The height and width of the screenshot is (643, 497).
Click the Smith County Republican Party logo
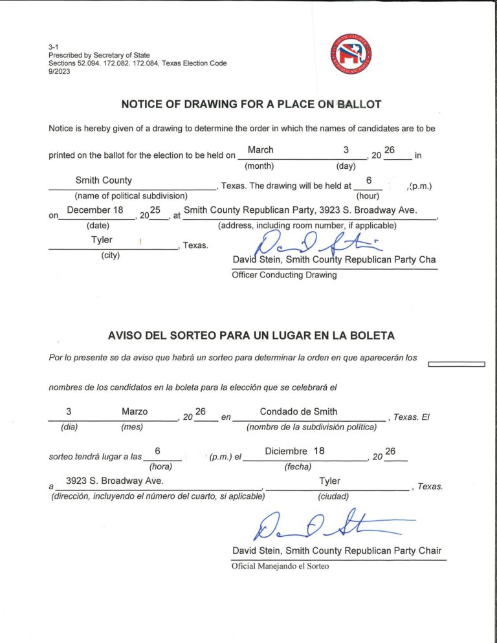(x=351, y=54)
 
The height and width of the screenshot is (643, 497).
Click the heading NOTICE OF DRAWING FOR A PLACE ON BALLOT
(x=251, y=104)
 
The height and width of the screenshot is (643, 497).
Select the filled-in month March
(x=261, y=150)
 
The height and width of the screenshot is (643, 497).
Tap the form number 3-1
(x=53, y=47)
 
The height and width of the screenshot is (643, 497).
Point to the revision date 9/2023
(x=60, y=71)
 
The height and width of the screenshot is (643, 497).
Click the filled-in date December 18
(x=95, y=210)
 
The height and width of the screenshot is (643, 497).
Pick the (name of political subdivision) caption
(x=131, y=195)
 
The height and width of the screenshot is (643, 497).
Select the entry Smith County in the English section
(x=104, y=180)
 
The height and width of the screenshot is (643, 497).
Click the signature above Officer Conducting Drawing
(x=317, y=245)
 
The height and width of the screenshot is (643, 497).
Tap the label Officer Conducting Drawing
(x=284, y=275)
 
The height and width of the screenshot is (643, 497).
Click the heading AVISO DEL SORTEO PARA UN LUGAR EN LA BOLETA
(x=251, y=336)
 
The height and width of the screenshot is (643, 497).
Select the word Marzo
(x=135, y=412)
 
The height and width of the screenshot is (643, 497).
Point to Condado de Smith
(x=298, y=411)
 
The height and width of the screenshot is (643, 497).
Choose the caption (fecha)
(x=298, y=466)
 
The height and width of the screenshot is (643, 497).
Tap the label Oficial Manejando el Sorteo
(x=280, y=566)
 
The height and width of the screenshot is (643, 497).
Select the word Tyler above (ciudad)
(x=329, y=481)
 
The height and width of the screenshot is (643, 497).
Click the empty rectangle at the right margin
(x=457, y=364)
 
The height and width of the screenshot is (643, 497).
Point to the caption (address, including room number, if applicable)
(x=307, y=226)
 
